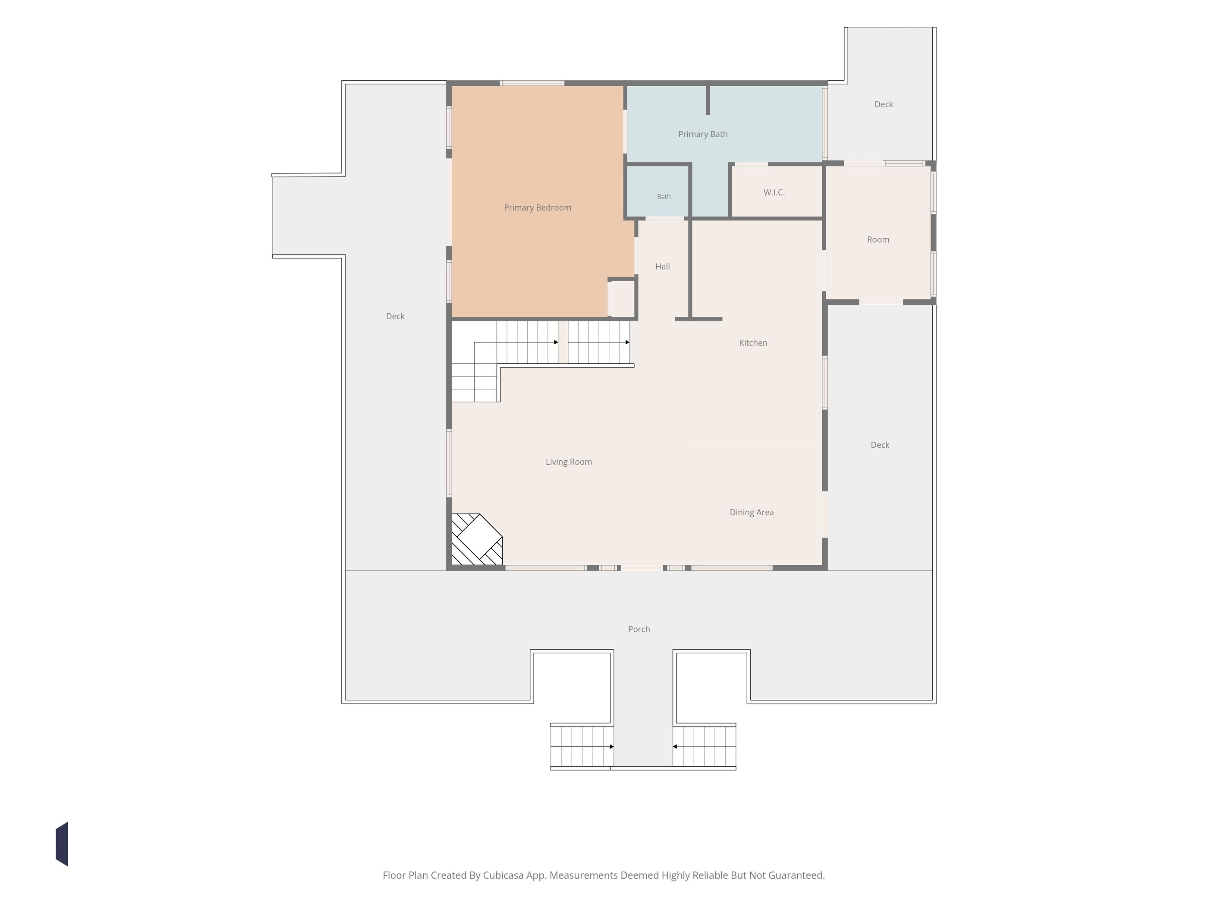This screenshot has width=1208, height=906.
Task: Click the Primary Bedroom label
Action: tap(538, 208)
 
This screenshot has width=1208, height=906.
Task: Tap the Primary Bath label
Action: tap(703, 134)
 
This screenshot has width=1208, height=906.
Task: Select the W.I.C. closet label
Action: tap(774, 192)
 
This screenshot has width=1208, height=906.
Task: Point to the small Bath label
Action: tap(664, 197)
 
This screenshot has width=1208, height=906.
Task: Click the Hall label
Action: tap(662, 267)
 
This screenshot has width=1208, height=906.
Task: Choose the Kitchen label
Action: tap(753, 343)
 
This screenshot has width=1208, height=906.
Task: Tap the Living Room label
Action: tap(569, 462)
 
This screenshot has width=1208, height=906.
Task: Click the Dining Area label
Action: tap(752, 512)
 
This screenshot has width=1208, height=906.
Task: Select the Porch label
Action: tap(639, 629)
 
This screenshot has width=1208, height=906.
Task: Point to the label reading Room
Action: tap(878, 240)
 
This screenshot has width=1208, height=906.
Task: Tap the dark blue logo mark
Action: tap(62, 844)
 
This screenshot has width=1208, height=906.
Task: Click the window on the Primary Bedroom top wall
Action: tap(532, 83)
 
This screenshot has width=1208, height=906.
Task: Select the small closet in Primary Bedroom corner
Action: tap(622, 298)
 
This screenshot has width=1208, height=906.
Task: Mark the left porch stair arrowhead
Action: tap(612, 746)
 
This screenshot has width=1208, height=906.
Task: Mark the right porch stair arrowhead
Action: tap(675, 746)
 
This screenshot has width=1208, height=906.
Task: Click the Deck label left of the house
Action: tap(395, 317)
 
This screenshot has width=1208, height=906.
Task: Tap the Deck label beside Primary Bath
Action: tap(884, 104)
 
